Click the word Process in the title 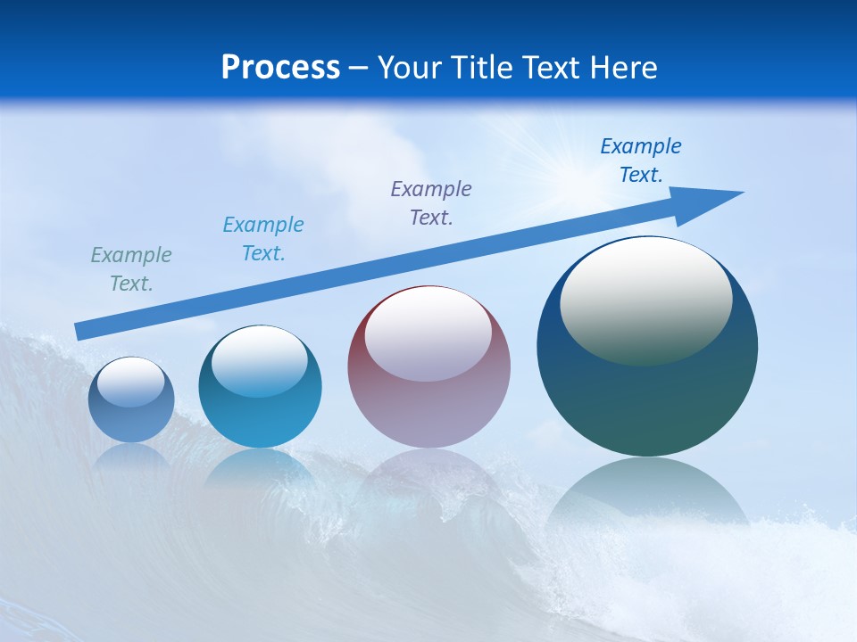point(280,68)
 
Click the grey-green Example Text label point(131,269)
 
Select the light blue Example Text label point(263,239)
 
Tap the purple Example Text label point(431,203)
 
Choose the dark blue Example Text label point(641,160)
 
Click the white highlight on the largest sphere point(646,299)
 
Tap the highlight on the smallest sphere point(131,382)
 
